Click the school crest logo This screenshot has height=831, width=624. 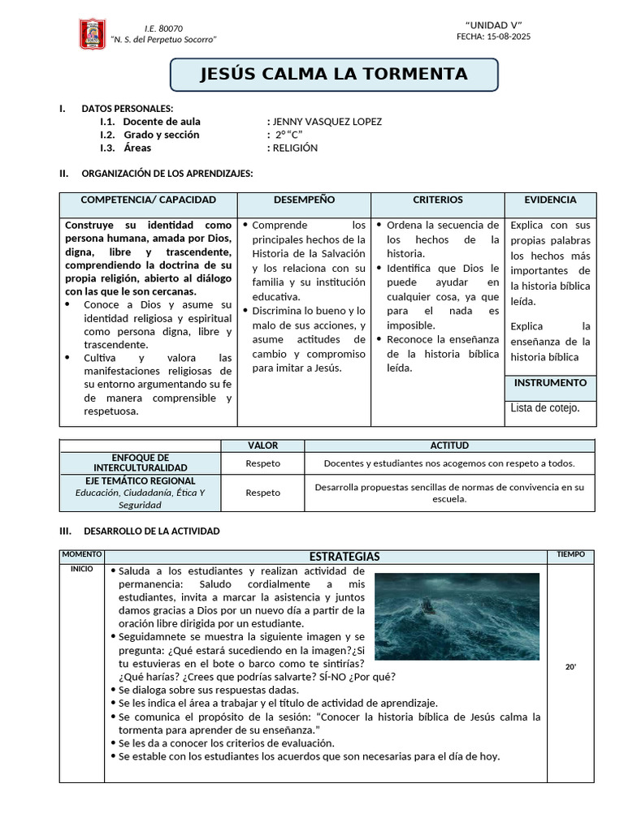coord(92,34)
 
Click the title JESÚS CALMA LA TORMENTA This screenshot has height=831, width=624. coord(334,75)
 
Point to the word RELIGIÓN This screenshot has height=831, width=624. coord(295,148)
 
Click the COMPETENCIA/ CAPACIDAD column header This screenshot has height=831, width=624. coord(149,200)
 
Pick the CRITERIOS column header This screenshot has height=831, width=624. coord(437,200)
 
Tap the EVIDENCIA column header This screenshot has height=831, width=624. coord(550,200)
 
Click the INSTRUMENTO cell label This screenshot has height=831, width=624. coord(550,382)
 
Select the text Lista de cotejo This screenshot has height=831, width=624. coord(545,407)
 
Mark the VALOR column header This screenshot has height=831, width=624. coord(262,446)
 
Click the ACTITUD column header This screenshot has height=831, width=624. coord(448,446)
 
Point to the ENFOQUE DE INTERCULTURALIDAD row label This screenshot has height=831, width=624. coord(141,463)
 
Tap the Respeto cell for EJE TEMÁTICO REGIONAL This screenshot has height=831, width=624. coord(262,493)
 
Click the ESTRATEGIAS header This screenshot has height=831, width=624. coord(344,557)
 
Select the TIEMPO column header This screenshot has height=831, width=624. coord(570,554)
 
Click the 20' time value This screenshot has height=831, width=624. coord(570,667)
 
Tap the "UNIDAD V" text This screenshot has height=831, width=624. coord(493,24)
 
